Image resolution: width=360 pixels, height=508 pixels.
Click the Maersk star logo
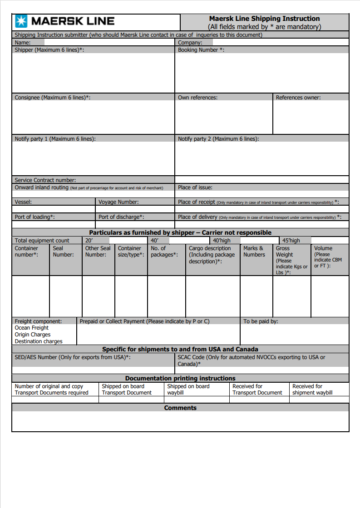point(21,21)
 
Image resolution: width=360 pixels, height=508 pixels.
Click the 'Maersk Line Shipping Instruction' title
point(264,19)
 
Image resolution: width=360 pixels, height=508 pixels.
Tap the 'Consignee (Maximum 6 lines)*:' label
point(52,98)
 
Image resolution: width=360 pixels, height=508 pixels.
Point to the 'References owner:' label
point(298,98)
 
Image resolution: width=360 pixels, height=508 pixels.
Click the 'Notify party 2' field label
point(218,139)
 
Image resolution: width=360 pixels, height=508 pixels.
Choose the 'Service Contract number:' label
point(45,180)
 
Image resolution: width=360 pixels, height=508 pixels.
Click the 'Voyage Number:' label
point(118,202)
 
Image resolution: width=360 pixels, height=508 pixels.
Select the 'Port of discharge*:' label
point(121,217)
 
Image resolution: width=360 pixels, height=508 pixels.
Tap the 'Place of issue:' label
point(195,187)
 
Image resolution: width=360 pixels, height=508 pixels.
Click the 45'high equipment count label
point(291,241)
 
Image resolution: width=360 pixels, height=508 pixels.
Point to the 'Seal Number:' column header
point(63,252)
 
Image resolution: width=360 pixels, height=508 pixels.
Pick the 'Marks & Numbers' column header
point(254,252)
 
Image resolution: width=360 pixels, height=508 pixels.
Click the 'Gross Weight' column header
point(285,252)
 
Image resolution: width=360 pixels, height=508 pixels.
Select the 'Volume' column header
point(323,248)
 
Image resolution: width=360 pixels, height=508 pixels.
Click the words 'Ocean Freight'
point(32,328)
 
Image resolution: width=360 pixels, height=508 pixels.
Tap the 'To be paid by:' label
point(261,321)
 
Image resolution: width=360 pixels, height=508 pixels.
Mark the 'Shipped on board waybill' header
point(188,390)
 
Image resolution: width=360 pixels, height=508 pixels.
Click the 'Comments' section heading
point(180,408)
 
